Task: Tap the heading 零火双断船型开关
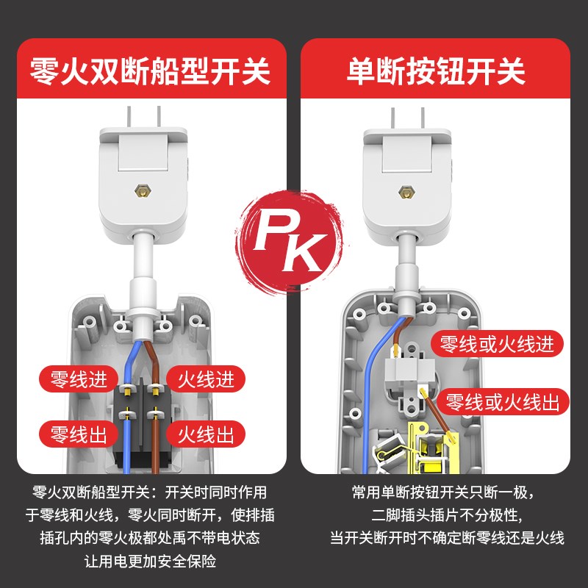click(x=150, y=71)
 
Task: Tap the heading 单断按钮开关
click(x=436, y=71)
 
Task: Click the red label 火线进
click(x=207, y=380)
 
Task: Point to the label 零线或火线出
click(x=506, y=402)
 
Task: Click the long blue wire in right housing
click(x=366, y=390)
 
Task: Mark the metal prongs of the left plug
click(x=143, y=115)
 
